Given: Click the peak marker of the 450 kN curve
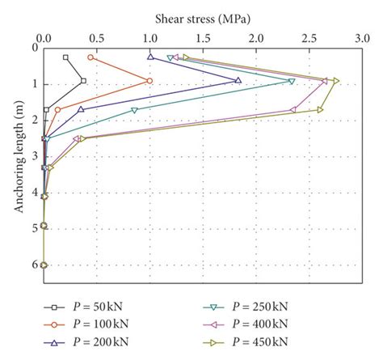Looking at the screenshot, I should (x=336, y=80).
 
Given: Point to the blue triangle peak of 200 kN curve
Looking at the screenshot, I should (x=238, y=80).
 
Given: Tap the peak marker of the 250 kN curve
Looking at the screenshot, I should (x=292, y=81).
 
